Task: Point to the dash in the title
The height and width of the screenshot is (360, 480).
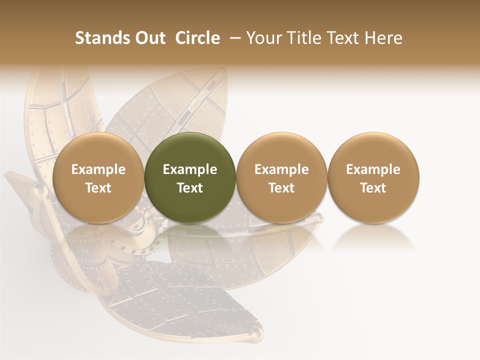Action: (233, 38)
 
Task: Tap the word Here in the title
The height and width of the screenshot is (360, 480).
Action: (383, 38)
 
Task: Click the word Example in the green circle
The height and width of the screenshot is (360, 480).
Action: (190, 169)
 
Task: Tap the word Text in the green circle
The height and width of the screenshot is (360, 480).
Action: (190, 188)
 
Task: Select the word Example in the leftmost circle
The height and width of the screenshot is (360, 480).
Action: (98, 169)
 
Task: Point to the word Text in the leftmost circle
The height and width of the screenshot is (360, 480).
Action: (98, 188)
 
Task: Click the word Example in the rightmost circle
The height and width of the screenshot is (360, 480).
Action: (373, 169)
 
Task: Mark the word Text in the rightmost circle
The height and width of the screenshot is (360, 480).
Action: (373, 188)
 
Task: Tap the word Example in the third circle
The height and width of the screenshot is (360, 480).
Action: (281, 169)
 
